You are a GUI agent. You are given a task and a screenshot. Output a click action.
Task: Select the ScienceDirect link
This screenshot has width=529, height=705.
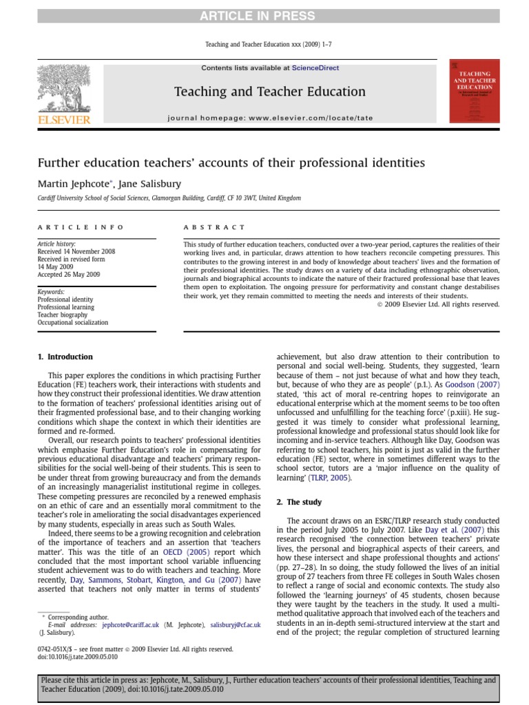click(315, 68)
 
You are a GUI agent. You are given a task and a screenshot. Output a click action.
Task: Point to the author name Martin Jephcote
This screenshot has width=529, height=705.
click(69, 184)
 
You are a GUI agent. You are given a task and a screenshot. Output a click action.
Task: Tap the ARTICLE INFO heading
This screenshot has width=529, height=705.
click(81, 227)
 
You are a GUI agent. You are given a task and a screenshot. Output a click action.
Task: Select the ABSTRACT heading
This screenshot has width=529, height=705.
click(214, 227)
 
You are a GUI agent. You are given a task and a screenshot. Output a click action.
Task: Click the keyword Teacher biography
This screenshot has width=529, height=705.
click(65, 314)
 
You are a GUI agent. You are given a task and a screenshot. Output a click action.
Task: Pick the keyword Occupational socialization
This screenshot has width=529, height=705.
click(72, 322)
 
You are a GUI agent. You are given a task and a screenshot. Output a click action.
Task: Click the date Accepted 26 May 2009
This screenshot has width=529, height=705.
click(70, 275)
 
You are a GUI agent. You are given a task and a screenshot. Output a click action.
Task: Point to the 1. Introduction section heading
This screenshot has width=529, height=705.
click(65, 357)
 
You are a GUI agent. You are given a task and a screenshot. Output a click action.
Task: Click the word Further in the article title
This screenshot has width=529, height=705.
click(61, 162)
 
